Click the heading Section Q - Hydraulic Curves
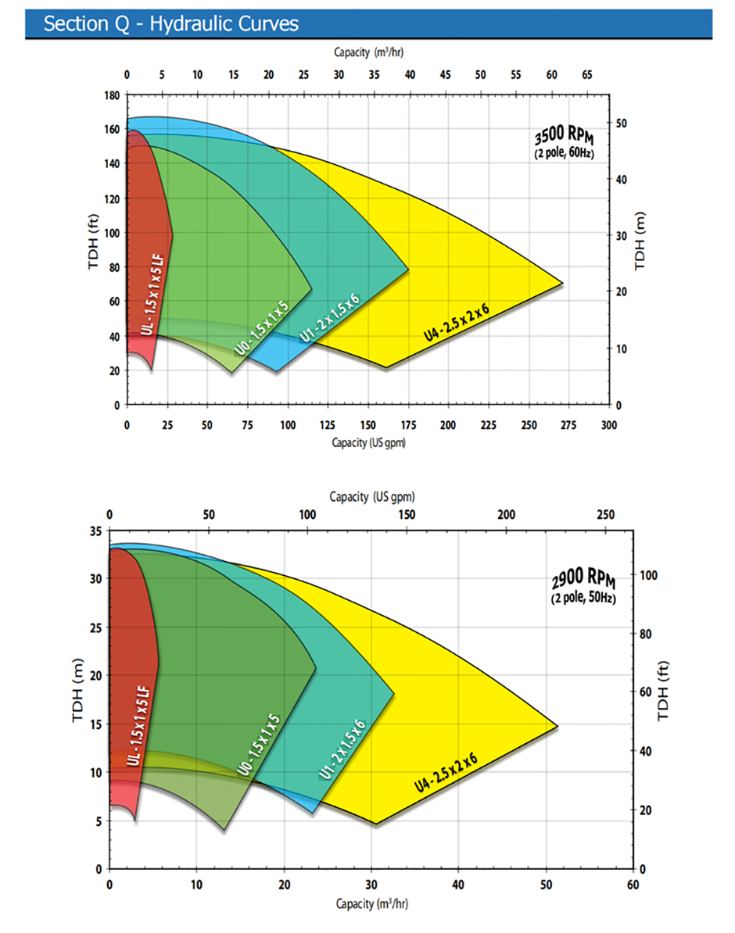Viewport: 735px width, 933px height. [x=170, y=23]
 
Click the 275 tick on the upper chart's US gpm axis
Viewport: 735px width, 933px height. [x=569, y=425]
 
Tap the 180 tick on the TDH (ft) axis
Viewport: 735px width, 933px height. [x=112, y=95]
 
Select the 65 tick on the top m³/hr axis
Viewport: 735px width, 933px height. [x=586, y=75]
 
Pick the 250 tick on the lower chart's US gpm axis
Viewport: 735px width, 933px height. [x=606, y=515]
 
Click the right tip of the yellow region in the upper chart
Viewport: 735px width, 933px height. [x=562, y=282]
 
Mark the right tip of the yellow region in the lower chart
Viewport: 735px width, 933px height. [x=557, y=726]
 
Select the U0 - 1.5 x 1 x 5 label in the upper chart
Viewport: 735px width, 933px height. [x=262, y=327]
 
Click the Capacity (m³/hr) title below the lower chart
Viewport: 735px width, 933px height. [x=371, y=904]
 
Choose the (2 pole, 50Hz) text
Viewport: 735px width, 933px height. [x=583, y=599]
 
